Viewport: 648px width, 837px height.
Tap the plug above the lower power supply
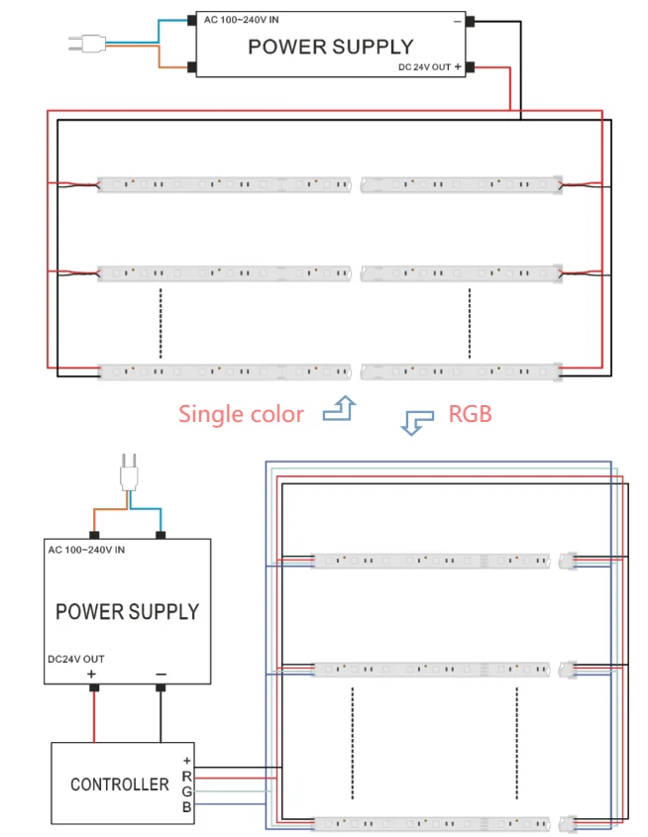pyautogui.click(x=127, y=472)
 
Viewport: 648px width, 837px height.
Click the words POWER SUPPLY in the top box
pyautogui.click(x=330, y=46)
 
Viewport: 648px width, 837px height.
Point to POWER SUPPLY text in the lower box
pyautogui.click(x=127, y=611)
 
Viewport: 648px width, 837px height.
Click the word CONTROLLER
pyautogui.click(x=120, y=785)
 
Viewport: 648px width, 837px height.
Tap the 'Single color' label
pyautogui.click(x=241, y=414)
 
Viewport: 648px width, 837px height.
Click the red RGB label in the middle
pyautogui.click(x=470, y=413)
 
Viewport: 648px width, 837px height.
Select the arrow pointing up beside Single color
pyautogui.click(x=340, y=408)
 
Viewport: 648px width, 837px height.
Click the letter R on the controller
pyautogui.click(x=186, y=777)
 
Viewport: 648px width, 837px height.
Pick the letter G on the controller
pyautogui.click(x=186, y=792)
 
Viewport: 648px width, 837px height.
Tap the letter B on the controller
pyautogui.click(x=186, y=808)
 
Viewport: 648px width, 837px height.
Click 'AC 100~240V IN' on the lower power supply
pyautogui.click(x=92, y=549)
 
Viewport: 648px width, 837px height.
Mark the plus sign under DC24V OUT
pyautogui.click(x=92, y=675)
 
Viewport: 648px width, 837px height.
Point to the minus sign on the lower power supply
pyautogui.click(x=161, y=675)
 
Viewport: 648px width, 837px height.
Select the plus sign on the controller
pyautogui.click(x=186, y=761)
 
